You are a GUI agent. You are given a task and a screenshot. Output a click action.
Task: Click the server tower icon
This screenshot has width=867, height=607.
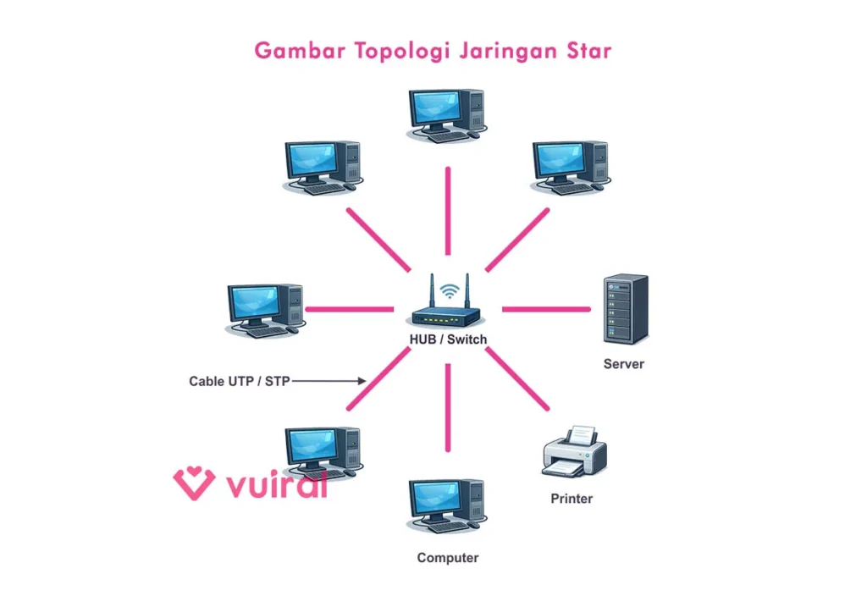tap(626, 308)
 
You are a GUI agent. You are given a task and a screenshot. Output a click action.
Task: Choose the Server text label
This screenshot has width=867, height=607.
tap(623, 364)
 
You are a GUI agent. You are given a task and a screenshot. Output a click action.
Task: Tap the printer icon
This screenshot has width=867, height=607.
tap(574, 451)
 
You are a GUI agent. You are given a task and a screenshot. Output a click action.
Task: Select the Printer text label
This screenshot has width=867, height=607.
tap(572, 499)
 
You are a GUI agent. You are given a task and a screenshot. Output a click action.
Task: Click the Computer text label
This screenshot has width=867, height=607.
tap(447, 558)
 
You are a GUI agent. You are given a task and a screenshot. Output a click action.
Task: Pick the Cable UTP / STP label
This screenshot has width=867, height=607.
tap(239, 382)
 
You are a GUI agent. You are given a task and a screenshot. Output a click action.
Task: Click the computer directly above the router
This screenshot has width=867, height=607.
tap(446, 114)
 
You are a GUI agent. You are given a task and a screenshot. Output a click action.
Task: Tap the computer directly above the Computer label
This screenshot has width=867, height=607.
tap(446, 505)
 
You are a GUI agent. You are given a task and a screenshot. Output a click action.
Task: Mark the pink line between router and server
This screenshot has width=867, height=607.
tap(546, 309)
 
